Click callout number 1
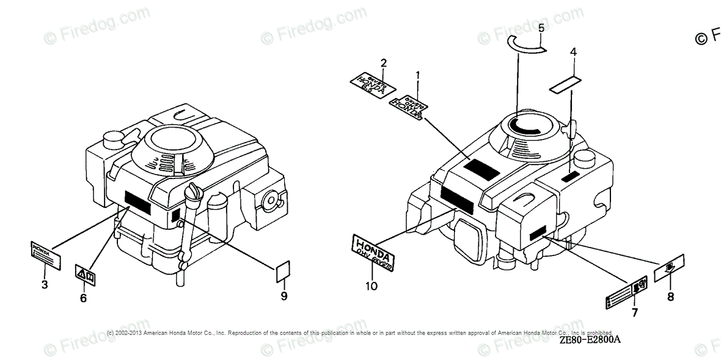coord(418,76)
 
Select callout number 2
coord(383,63)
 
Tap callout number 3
coord(45,284)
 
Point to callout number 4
coord(573,52)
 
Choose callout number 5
coord(541,28)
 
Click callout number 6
coord(84,298)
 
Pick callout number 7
coord(634,313)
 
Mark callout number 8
coord(670,297)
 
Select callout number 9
coord(284,296)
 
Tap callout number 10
coord(371,285)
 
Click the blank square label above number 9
coord(284,271)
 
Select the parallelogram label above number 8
coord(669,269)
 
